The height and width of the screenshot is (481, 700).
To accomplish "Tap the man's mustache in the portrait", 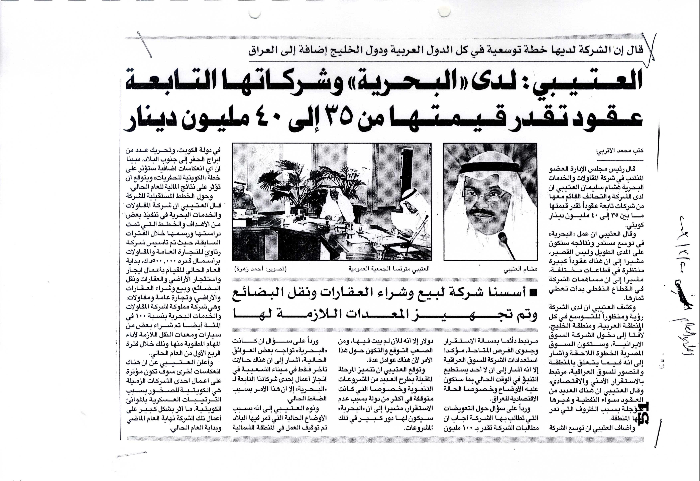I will point(483,212).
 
